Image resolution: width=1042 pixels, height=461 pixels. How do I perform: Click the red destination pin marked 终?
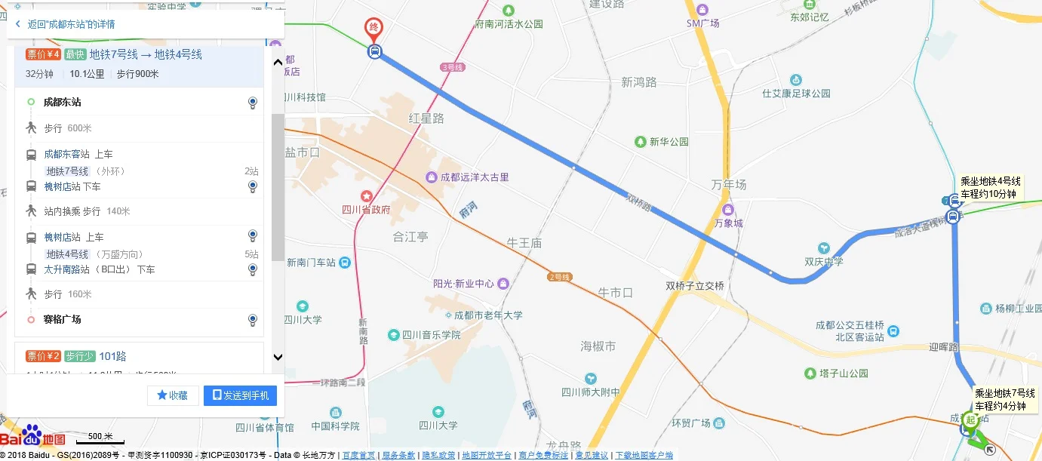(373, 29)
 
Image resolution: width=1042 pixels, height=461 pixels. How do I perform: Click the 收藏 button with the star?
(173, 395)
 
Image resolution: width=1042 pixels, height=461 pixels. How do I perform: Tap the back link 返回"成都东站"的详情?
(71, 24)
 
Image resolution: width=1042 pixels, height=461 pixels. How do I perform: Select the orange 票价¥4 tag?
(43, 54)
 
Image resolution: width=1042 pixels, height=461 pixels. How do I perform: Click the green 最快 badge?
(75, 54)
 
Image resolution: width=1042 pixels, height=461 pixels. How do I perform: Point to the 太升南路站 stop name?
(66, 269)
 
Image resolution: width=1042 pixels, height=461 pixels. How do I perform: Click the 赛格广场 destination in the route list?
(62, 319)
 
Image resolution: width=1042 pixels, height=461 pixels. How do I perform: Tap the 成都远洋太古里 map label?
(475, 177)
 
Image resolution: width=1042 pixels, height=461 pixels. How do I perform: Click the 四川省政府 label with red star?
(366, 208)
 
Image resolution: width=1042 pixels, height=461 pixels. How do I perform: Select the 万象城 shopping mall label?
(728, 223)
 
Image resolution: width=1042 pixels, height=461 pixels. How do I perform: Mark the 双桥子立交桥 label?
(694, 286)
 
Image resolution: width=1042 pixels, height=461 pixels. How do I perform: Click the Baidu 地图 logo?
(33, 437)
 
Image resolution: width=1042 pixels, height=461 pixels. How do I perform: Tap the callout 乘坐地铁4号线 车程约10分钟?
(990, 188)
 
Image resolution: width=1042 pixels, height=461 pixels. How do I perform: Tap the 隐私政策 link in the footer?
(438, 455)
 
